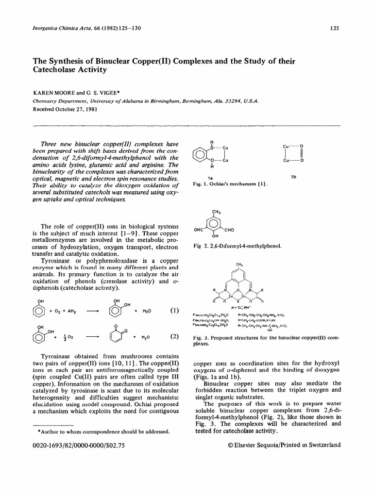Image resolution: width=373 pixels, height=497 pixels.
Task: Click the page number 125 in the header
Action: coord(334,28)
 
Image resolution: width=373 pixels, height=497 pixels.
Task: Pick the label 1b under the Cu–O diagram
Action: coord(293,178)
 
